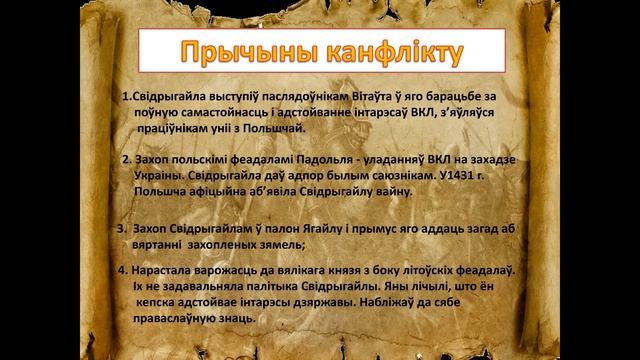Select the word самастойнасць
click(219, 112)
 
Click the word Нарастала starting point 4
click(161, 271)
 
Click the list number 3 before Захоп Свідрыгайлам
click(121, 229)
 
